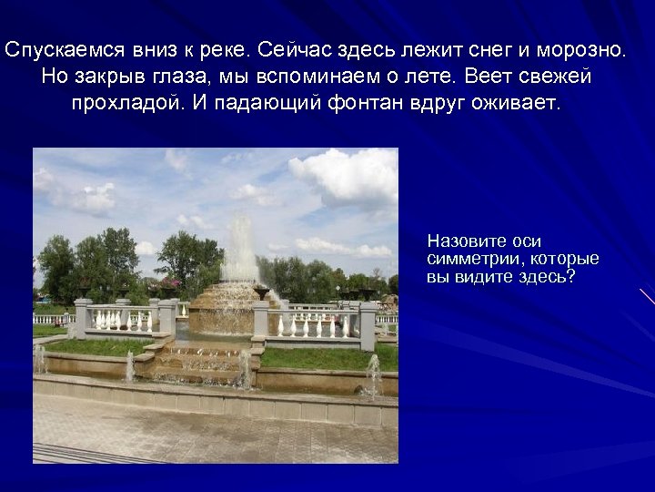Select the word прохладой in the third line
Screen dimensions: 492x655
point(127,103)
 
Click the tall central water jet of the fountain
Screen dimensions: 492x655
point(240,246)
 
